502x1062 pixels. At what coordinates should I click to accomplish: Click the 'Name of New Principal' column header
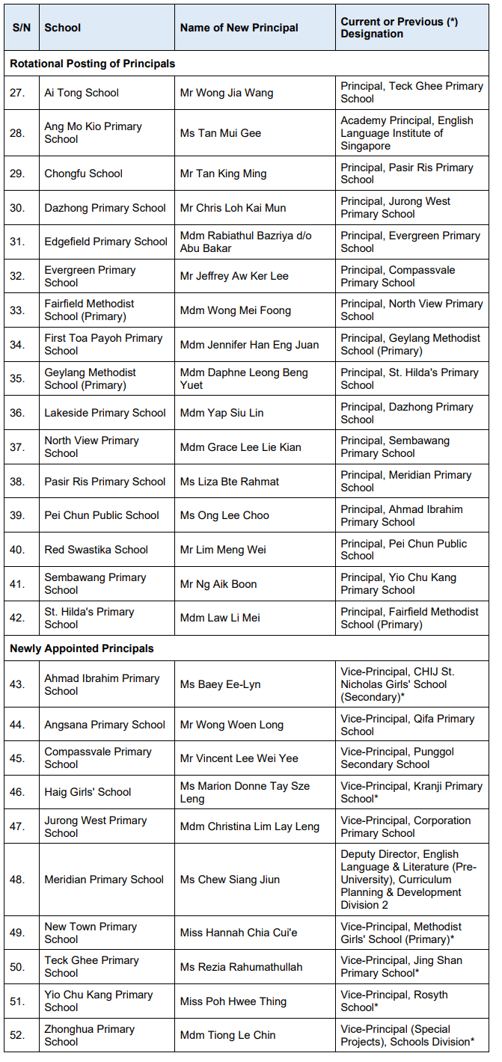[x=239, y=28]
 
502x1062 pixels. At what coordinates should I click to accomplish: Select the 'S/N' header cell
[x=21, y=28]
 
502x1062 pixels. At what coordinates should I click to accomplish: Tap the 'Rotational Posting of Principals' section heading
[x=92, y=64]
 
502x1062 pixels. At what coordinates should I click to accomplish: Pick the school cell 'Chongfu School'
[x=83, y=174]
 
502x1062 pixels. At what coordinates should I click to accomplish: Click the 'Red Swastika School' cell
[x=96, y=550]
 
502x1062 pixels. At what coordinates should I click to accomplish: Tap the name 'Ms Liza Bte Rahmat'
[x=230, y=482]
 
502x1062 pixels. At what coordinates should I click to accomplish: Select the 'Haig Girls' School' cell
[x=88, y=792]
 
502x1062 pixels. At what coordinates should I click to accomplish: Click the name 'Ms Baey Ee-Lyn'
[x=220, y=684]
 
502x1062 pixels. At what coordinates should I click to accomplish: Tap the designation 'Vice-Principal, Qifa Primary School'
[x=406, y=725]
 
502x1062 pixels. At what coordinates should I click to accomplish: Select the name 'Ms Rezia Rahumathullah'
[x=241, y=967]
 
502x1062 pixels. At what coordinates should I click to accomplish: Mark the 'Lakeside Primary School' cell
[x=105, y=413]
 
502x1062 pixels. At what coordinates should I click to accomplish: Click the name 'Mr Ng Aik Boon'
[x=218, y=584]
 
